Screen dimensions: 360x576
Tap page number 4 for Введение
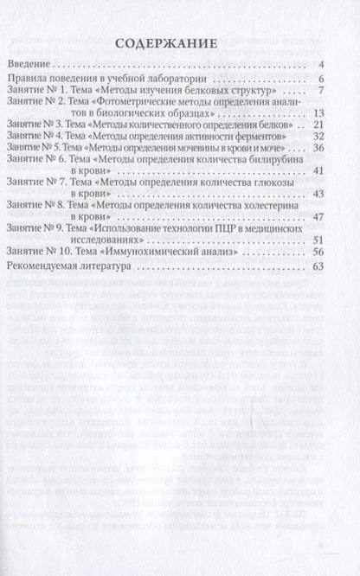pyautogui.click(x=320, y=65)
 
